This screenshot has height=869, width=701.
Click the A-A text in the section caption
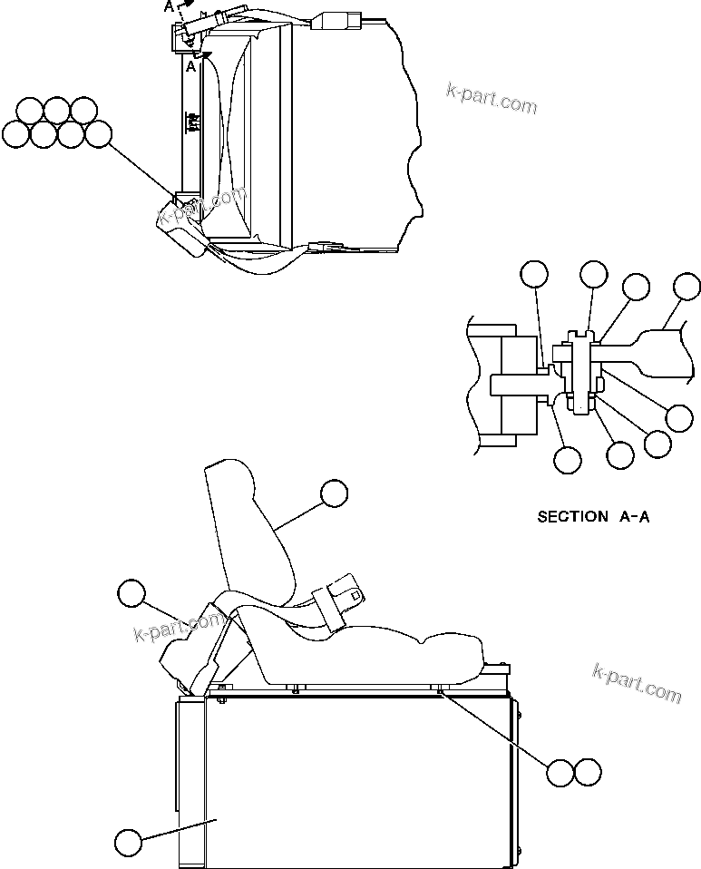click(x=635, y=517)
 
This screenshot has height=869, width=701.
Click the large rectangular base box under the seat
click(x=354, y=780)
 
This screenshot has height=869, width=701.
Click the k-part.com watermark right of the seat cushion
click(x=636, y=681)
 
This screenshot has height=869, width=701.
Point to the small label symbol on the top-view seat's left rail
click(x=191, y=122)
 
